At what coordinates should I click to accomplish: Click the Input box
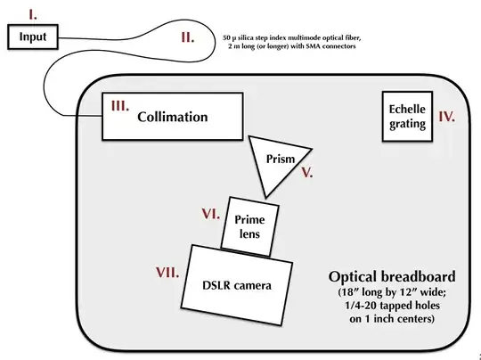tap(33, 37)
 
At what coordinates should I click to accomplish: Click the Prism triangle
tap(276, 161)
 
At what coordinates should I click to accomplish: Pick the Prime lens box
tap(250, 223)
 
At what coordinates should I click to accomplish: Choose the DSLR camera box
tap(239, 285)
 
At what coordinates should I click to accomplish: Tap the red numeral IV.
tap(447, 116)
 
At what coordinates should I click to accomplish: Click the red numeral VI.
tap(210, 214)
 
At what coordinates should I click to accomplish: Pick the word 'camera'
tap(252, 286)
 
